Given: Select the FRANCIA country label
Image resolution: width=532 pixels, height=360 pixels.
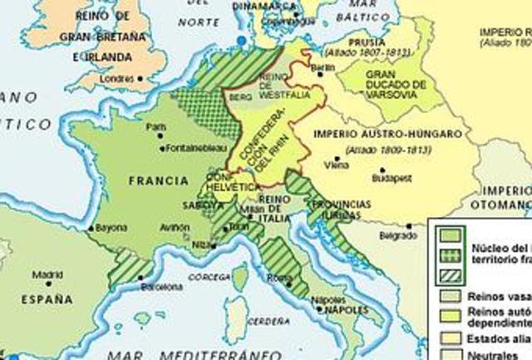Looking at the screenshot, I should [155, 178].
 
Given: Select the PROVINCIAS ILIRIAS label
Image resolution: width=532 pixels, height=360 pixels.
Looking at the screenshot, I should [344, 211].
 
